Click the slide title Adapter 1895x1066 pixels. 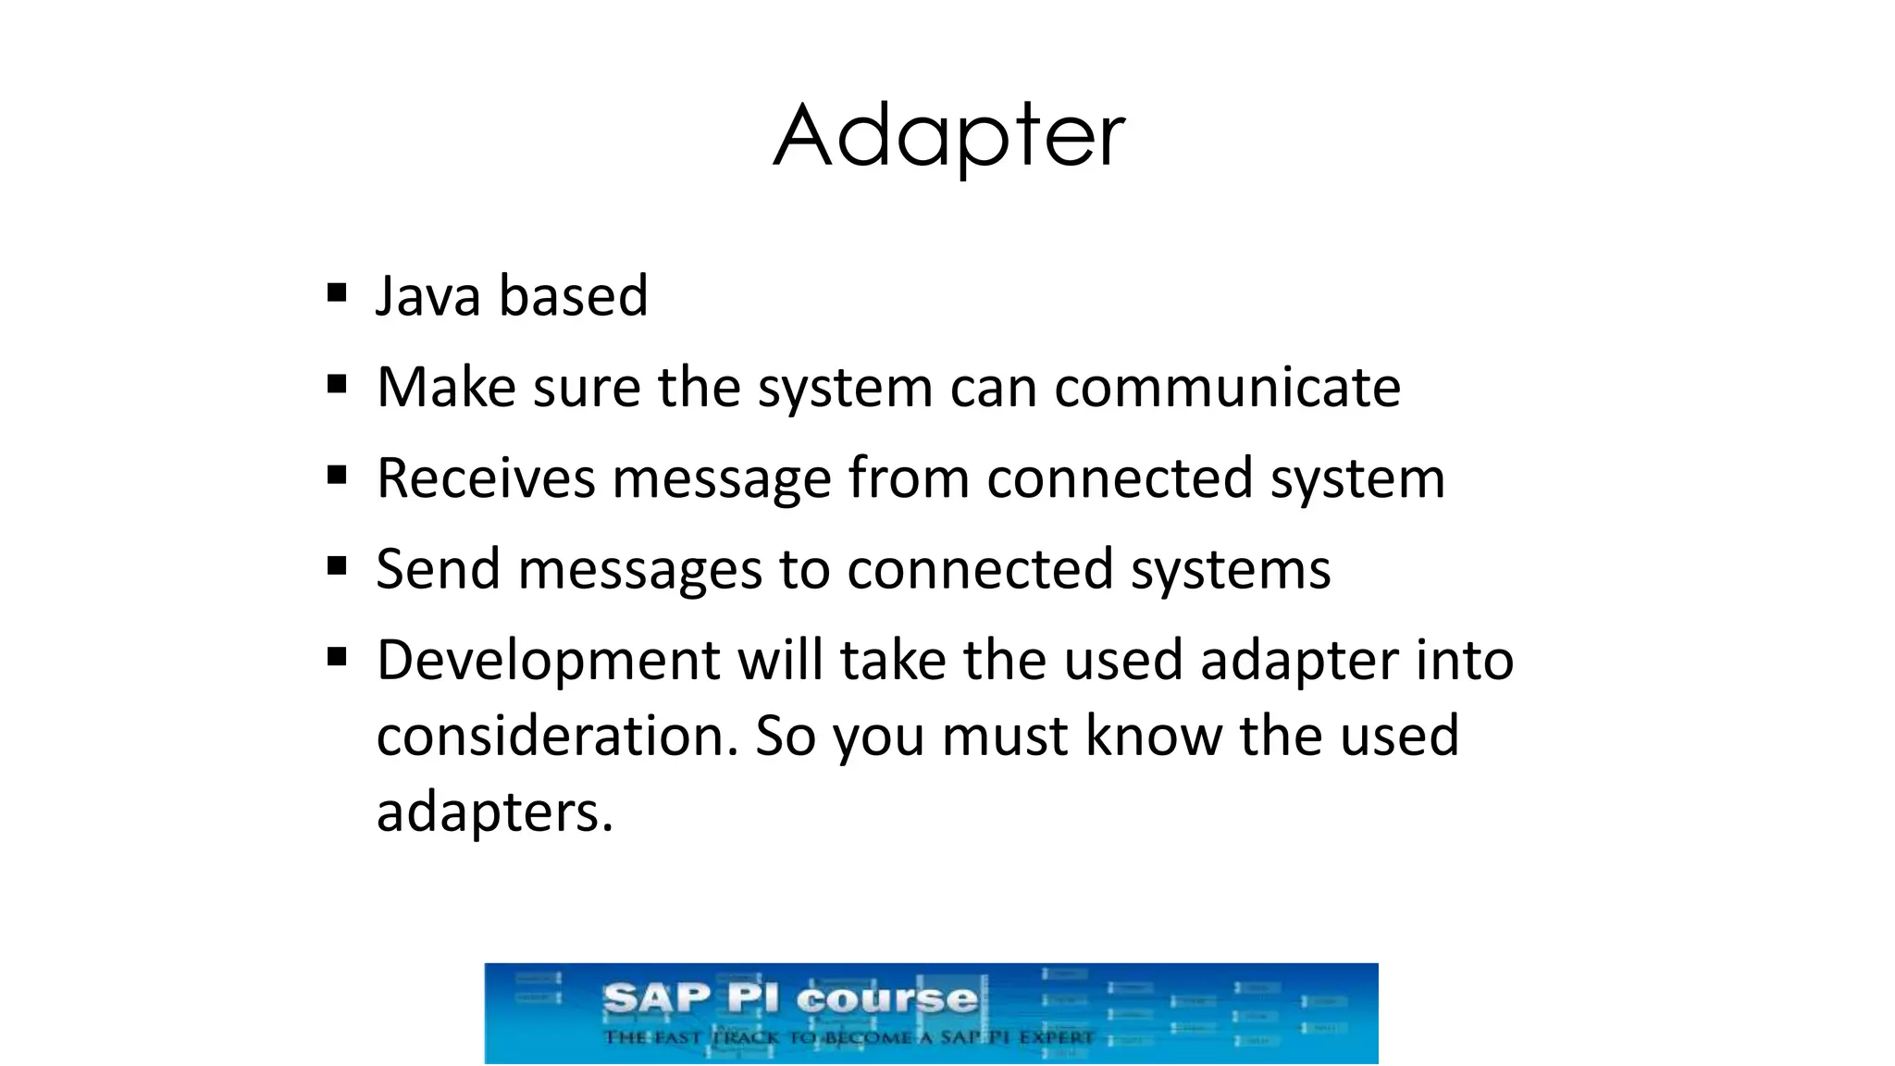click(x=948, y=137)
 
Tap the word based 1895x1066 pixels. click(x=573, y=296)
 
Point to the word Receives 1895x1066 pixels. click(x=486, y=478)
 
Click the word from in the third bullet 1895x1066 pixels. click(x=908, y=478)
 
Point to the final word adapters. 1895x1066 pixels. click(x=494, y=812)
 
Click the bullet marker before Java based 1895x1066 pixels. click(x=337, y=294)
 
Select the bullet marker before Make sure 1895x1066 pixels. click(x=337, y=384)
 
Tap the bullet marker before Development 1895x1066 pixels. click(x=337, y=658)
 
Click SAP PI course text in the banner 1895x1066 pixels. click(x=789, y=999)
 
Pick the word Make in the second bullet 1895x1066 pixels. click(x=445, y=387)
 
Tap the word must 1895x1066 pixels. click(x=1004, y=736)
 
